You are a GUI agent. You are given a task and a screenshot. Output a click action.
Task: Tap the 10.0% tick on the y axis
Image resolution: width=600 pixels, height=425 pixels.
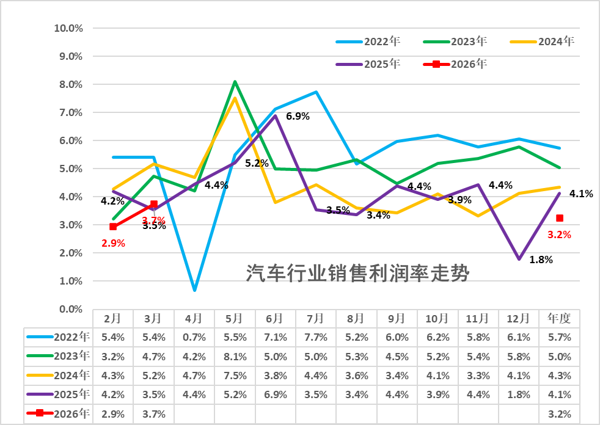coord(68,28)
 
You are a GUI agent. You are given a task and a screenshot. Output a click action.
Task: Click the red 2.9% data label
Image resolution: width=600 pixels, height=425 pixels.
coord(113,243)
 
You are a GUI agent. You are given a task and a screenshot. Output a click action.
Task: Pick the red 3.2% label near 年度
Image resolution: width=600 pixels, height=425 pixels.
coord(559,234)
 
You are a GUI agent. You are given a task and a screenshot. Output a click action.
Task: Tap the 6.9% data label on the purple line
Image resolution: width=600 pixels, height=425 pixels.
coord(298,116)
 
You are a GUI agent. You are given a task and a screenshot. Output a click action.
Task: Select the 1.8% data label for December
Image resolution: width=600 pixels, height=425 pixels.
coord(541,260)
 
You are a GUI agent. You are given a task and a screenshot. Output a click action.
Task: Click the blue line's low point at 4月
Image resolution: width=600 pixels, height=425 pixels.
coord(194,289)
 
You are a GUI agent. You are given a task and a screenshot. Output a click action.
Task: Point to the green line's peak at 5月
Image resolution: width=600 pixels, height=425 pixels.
coord(235,81)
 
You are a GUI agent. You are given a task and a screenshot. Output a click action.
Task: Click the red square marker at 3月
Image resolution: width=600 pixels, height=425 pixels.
coord(154,205)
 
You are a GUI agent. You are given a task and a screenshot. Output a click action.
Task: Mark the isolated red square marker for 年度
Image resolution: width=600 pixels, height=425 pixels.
coord(560,218)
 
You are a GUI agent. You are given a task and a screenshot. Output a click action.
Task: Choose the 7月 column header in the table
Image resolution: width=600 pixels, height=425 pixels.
coord(315,318)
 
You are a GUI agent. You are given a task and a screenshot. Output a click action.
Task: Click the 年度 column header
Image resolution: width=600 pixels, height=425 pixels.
coord(559,318)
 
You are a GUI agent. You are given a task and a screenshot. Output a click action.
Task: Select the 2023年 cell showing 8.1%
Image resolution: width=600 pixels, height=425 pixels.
coord(234,356)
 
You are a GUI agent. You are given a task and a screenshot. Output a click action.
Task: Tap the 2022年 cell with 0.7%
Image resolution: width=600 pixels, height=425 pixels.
coord(194,336)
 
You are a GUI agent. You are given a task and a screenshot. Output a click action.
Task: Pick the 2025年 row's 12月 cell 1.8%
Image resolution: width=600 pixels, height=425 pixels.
coord(519,394)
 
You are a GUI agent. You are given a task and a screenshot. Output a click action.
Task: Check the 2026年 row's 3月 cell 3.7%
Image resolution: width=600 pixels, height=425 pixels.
coord(153,414)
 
